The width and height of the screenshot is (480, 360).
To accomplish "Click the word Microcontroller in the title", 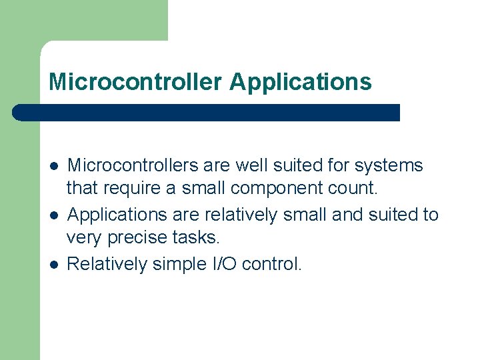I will [135, 82].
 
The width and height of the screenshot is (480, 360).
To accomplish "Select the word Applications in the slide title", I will [300, 82].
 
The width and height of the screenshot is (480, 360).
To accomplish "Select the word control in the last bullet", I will [272, 264].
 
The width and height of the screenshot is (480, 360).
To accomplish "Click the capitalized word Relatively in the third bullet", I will [107, 264].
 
